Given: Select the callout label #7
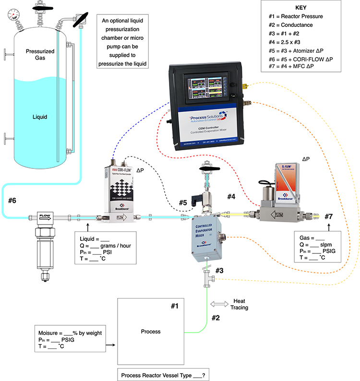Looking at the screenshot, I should (328, 216).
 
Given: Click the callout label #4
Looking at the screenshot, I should (232, 196).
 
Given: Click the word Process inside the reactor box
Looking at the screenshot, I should (151, 332).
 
